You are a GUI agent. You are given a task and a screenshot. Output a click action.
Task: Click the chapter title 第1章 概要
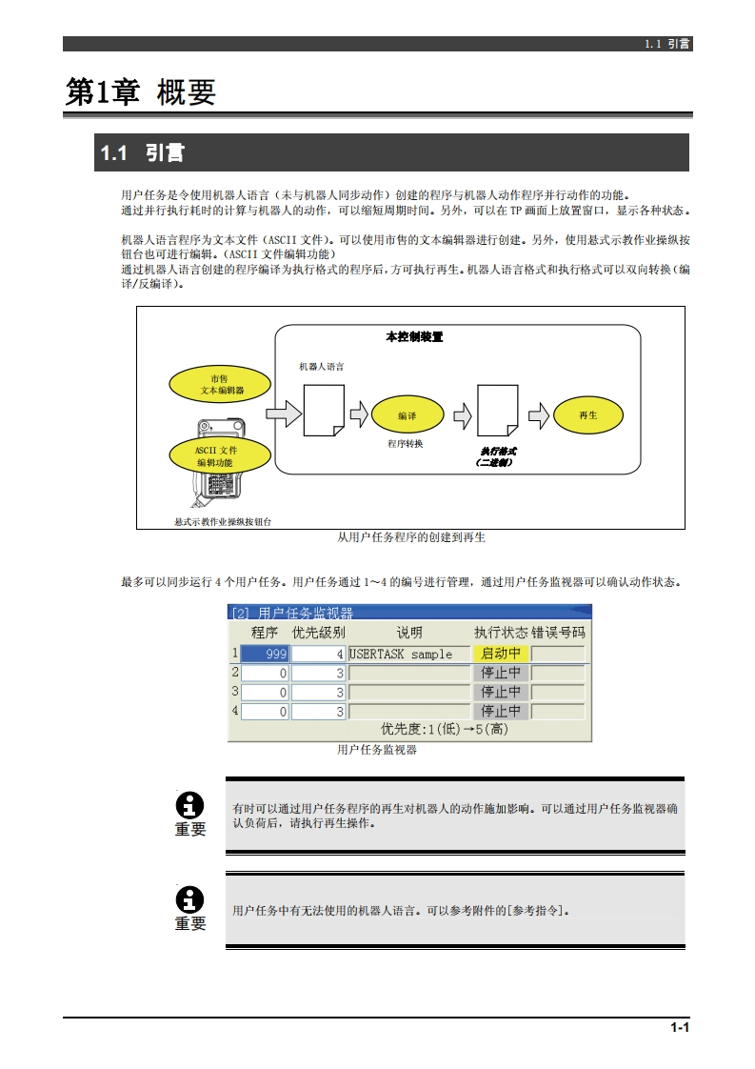(141, 92)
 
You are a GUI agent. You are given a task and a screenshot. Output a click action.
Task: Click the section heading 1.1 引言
(143, 153)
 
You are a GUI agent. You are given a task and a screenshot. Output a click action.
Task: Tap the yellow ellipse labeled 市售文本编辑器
(222, 384)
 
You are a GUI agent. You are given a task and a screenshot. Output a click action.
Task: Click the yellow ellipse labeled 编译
(407, 415)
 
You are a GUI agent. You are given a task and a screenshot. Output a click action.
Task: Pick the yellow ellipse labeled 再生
(587, 415)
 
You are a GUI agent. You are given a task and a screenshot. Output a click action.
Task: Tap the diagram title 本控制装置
(413, 337)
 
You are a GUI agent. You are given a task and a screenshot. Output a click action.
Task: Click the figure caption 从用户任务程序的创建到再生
(411, 537)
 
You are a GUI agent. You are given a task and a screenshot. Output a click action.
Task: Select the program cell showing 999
(265, 655)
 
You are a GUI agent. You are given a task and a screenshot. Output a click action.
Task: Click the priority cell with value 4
(318, 655)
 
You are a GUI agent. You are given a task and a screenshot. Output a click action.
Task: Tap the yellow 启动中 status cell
(501, 654)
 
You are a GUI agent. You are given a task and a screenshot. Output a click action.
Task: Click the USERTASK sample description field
(408, 655)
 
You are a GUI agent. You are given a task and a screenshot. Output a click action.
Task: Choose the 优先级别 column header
(318, 633)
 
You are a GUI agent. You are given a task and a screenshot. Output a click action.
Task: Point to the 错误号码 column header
(558, 633)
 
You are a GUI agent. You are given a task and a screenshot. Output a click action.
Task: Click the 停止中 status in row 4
(501, 711)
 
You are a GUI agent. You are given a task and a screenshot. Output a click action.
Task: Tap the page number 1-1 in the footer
(679, 1027)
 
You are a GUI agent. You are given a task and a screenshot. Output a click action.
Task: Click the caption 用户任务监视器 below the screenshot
(377, 750)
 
